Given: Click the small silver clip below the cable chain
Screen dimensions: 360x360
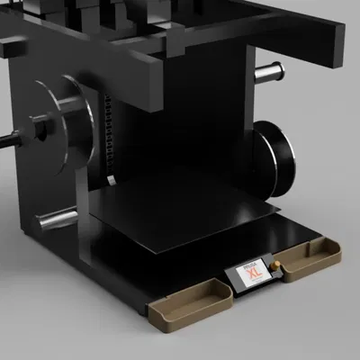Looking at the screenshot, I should coord(110,180).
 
